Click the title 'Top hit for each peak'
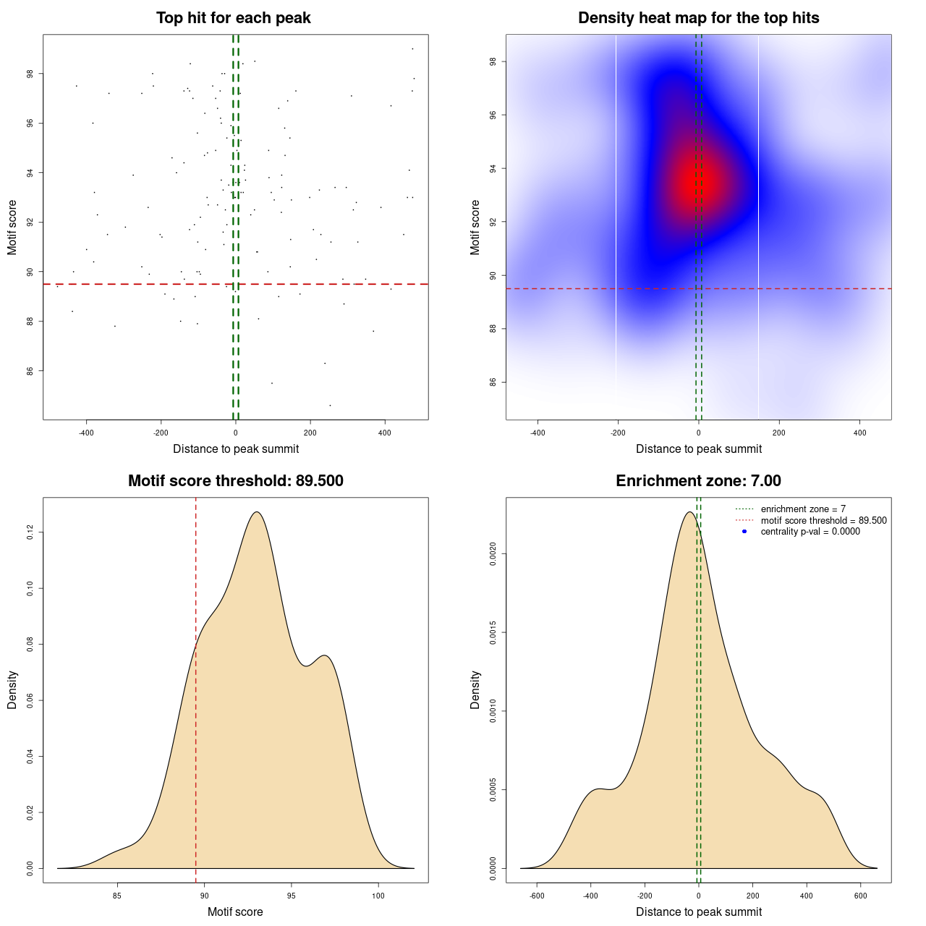[x=234, y=18]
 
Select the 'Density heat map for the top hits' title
[x=699, y=18]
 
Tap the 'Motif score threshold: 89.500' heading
[x=236, y=481]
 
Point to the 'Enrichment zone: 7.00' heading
[x=699, y=481]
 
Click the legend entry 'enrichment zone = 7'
[x=803, y=509]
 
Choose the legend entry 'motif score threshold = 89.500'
[x=823, y=520]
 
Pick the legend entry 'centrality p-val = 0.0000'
[x=810, y=531]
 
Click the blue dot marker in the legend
[x=744, y=531]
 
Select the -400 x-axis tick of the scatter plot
[x=86, y=433]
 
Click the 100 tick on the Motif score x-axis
[x=378, y=896]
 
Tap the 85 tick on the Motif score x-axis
[x=117, y=896]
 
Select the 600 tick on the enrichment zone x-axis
[x=861, y=896]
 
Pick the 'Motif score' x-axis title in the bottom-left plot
[x=235, y=912]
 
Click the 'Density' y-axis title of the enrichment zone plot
[x=475, y=689]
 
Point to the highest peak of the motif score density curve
[x=256, y=512]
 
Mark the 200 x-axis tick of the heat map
[x=779, y=433]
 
